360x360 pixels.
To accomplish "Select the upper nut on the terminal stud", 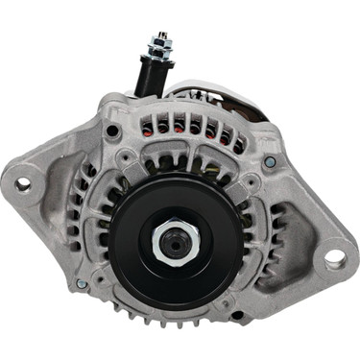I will (156, 41).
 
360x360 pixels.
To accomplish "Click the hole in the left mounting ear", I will (22, 184).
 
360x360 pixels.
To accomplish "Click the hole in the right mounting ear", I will (334, 258).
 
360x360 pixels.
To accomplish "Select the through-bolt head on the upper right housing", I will (271, 161).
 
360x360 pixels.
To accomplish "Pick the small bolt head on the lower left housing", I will (82, 284).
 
